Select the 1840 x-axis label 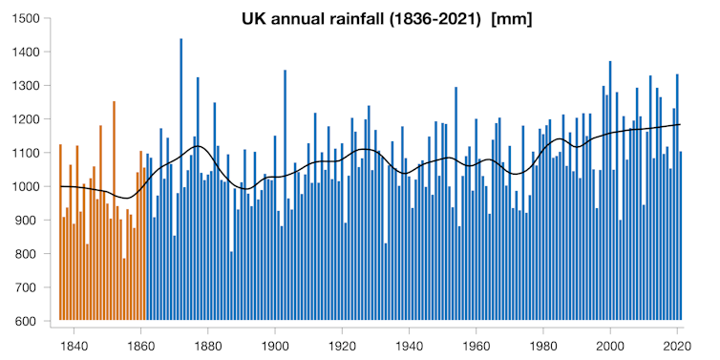74,345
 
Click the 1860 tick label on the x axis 141,345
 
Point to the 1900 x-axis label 275,345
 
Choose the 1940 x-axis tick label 410,345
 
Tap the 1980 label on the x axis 543,345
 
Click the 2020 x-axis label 678,345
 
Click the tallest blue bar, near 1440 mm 180,181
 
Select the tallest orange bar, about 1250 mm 114,210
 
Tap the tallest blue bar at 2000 610,191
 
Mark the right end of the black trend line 680,124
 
